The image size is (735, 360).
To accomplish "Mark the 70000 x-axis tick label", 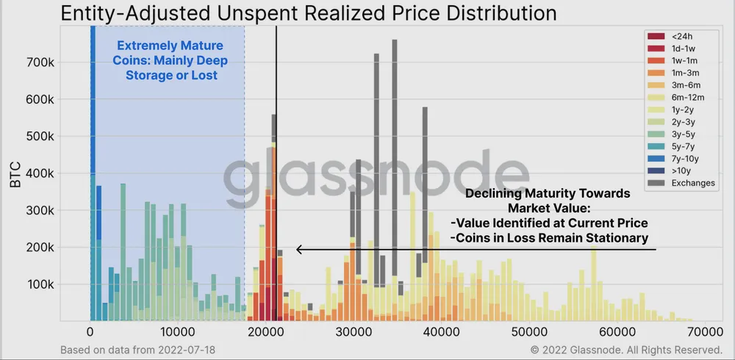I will (x=702, y=332).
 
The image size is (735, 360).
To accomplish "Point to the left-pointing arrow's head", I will (x=298, y=250).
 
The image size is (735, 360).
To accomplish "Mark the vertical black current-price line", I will (x=276, y=184).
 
